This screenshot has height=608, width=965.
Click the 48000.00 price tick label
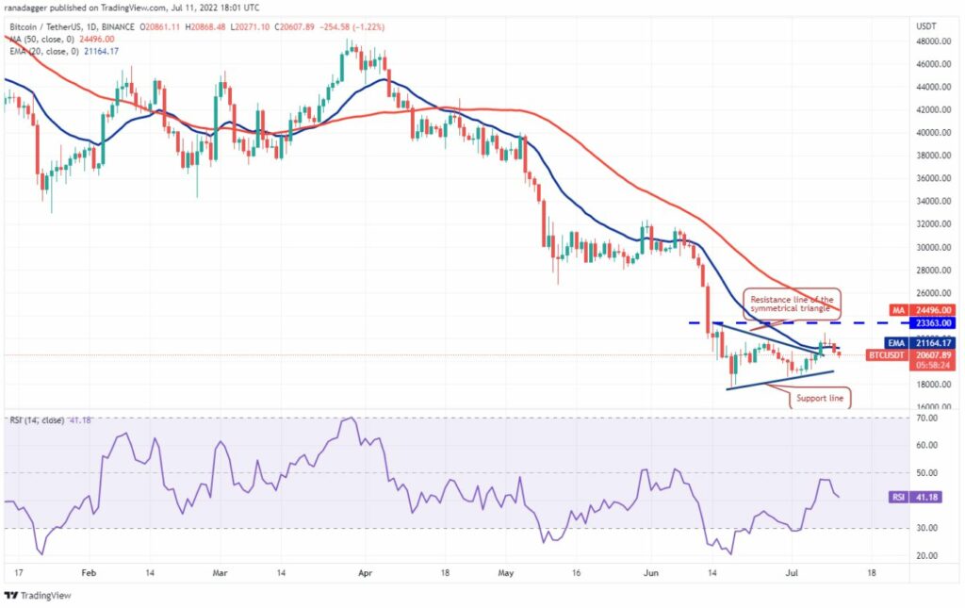pos(934,41)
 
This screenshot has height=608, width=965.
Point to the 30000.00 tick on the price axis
pos(934,247)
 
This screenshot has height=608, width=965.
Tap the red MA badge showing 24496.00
pos(923,310)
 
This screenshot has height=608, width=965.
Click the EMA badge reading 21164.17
pos(921,343)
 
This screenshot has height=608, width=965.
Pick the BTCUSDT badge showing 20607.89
pos(911,355)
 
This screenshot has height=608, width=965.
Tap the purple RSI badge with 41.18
pos(916,497)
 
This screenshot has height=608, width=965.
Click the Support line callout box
pos(820,398)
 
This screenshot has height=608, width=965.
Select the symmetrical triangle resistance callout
pos(792,304)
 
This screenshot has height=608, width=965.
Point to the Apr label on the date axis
pos(365,573)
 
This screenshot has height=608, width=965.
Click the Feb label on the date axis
pos(90,573)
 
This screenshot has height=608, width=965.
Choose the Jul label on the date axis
pos(792,573)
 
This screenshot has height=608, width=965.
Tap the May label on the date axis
pos(505,573)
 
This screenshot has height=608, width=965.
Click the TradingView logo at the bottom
pos(38,596)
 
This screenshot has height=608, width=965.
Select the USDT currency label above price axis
pos(927,26)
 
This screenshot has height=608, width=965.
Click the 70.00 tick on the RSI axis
pos(927,418)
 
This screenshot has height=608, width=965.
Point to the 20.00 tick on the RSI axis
pos(927,556)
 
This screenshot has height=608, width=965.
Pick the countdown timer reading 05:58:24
pos(932,365)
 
